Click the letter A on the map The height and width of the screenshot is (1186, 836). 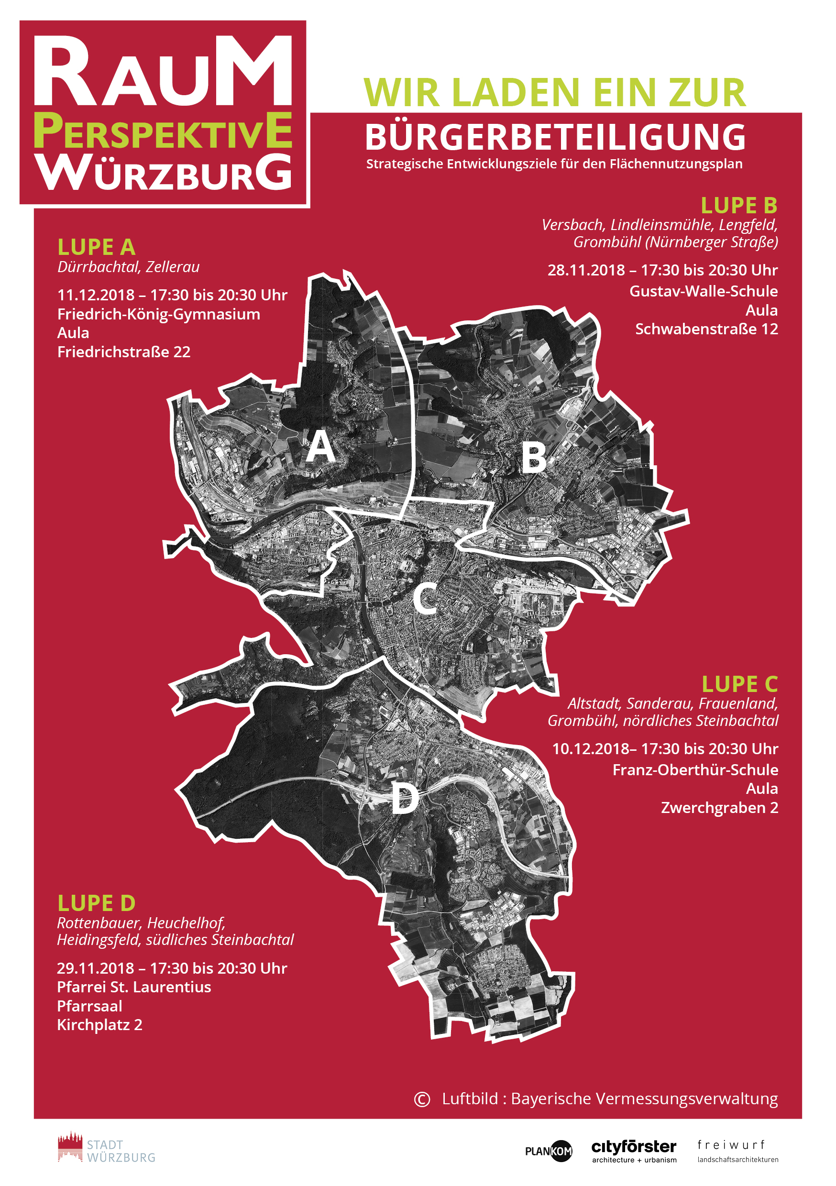(320, 446)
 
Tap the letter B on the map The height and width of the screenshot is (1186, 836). (534, 458)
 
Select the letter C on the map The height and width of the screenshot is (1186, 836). (425, 599)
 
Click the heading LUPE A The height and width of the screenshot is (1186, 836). (96, 247)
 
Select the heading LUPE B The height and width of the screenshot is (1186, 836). (739, 206)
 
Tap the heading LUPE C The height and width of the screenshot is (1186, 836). (739, 684)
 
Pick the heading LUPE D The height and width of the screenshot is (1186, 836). (96, 903)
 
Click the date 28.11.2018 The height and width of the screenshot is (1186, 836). (586, 270)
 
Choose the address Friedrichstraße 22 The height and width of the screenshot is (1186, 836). (124, 352)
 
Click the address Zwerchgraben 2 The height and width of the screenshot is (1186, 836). (719, 808)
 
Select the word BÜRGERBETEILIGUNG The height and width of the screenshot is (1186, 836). (555, 137)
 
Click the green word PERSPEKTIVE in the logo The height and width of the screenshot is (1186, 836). (163, 131)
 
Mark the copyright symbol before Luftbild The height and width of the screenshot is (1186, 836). (422, 1099)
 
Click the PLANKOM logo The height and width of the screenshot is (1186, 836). (549, 1151)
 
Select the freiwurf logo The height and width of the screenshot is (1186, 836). (737, 1152)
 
